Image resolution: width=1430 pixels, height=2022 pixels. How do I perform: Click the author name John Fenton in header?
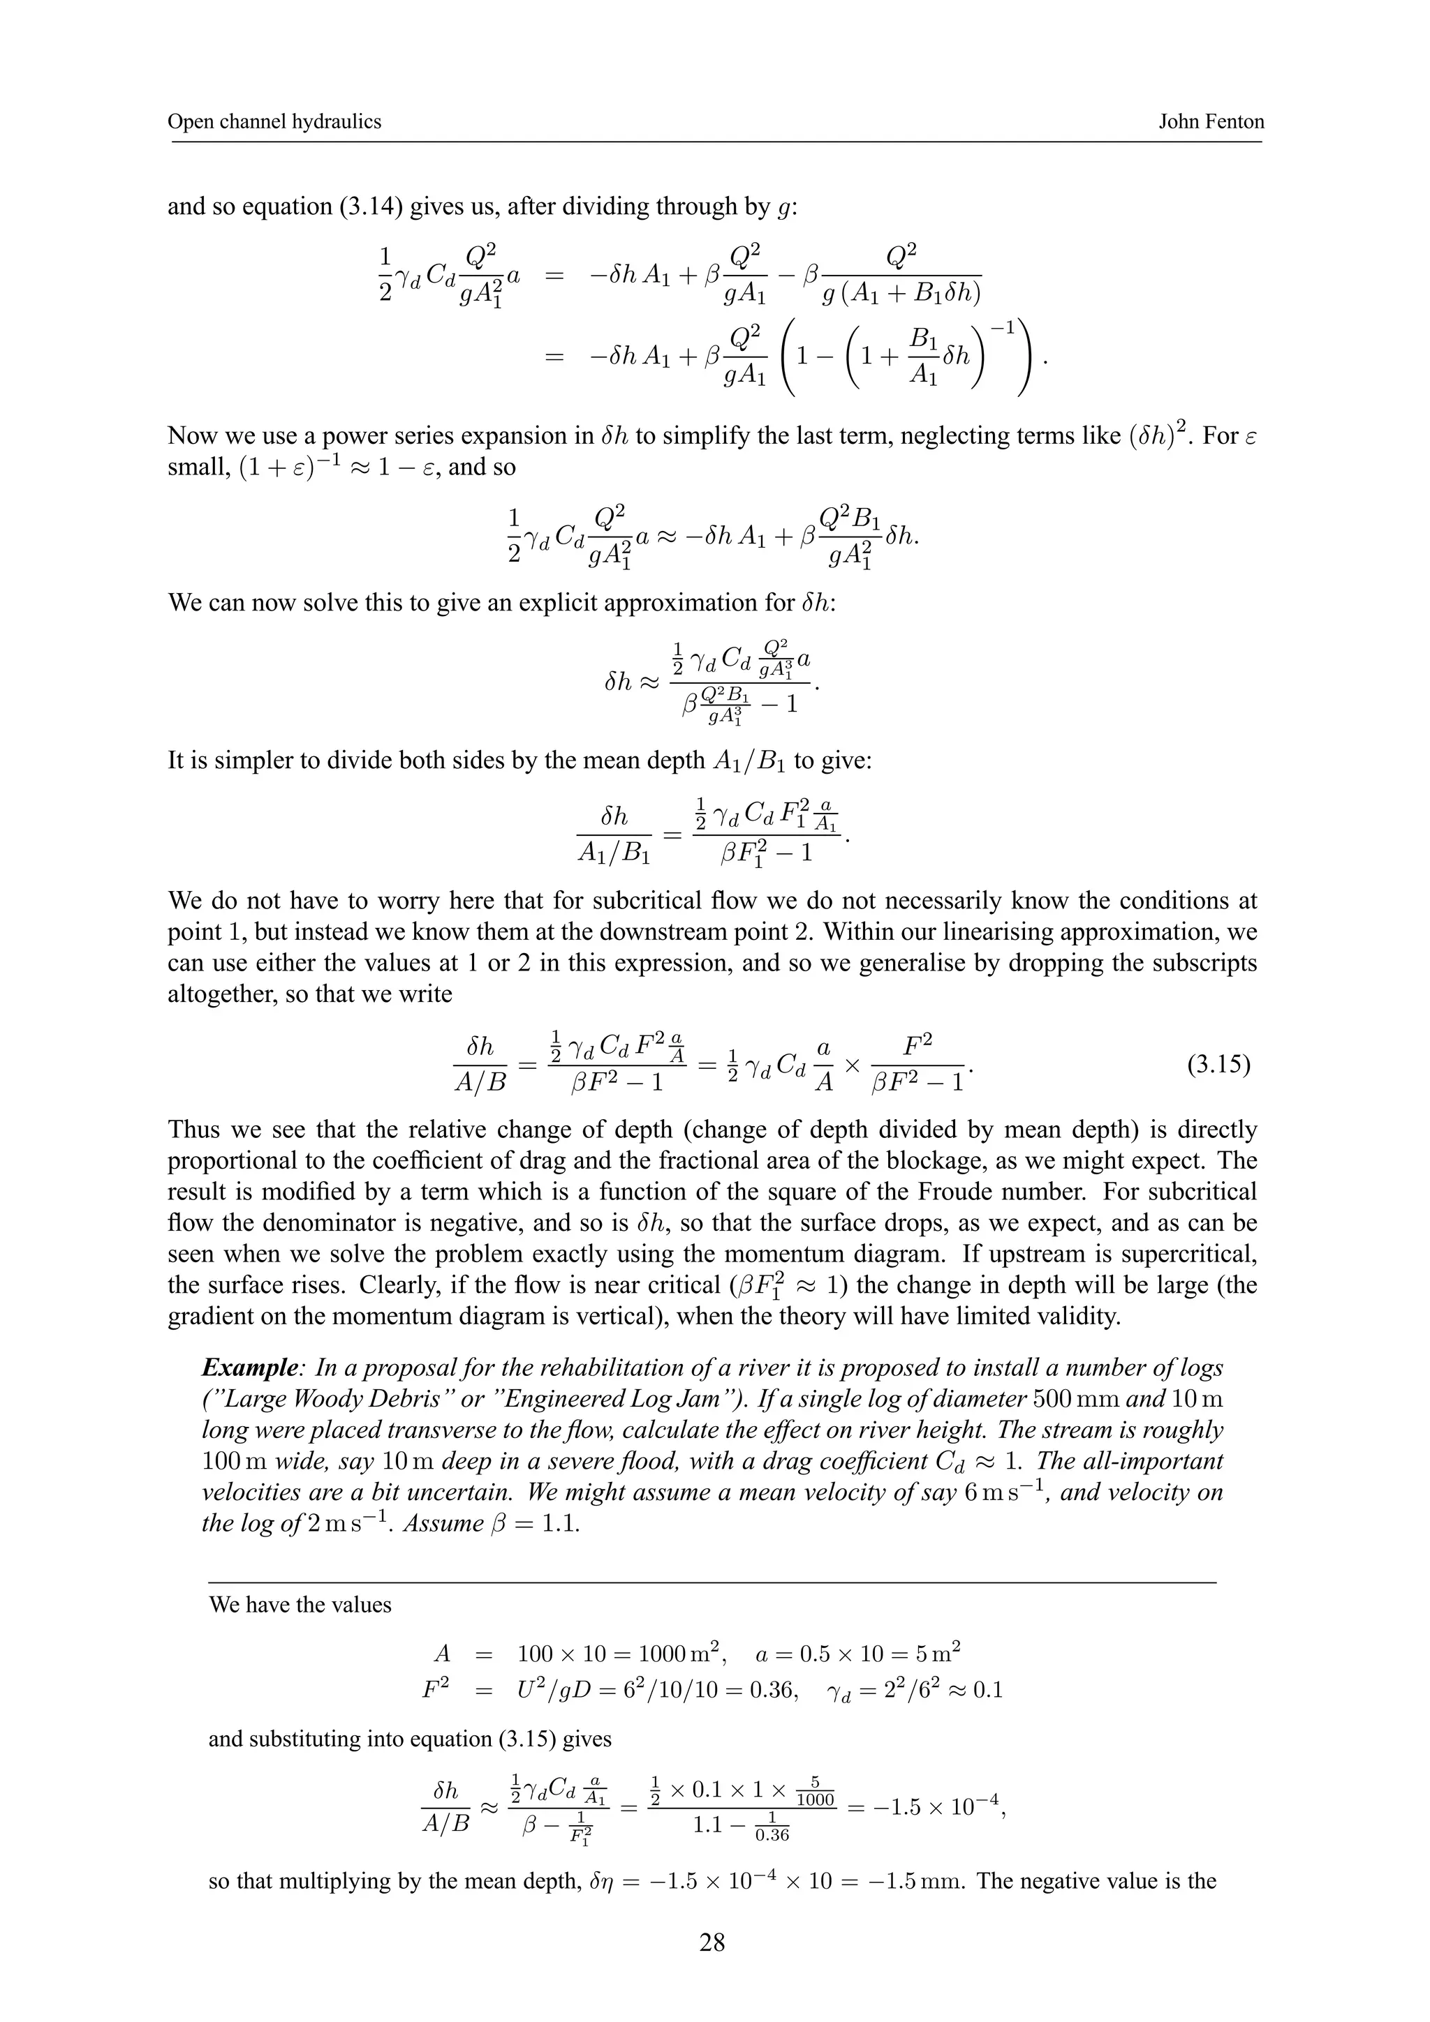1210,121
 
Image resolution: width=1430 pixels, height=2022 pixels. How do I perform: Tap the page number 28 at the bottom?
712,1941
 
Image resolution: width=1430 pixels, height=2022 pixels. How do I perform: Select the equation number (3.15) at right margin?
1218,1065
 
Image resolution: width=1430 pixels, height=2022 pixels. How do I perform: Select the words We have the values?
300,1605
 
